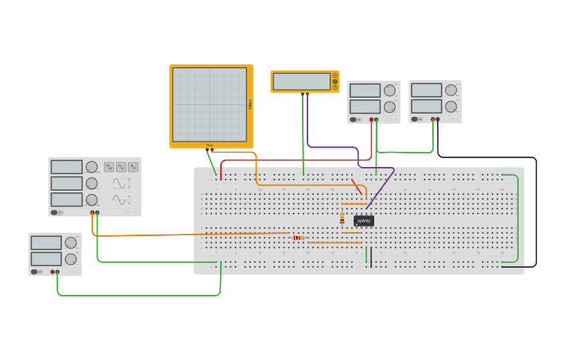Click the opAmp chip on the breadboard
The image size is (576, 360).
pos(364,220)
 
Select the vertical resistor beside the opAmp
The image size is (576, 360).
pos(342,218)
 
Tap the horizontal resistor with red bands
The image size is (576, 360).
pos(298,238)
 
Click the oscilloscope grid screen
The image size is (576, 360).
pos(210,104)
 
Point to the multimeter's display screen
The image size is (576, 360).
pos(301,81)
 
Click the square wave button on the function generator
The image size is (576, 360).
pos(109,167)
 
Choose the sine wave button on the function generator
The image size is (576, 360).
pos(121,167)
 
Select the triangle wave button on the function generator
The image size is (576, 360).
pos(133,167)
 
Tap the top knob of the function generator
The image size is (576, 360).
pos(91,167)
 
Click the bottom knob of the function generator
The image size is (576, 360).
pos(91,199)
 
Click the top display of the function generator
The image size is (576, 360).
pos(67,167)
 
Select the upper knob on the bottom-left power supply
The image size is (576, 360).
pos(71,243)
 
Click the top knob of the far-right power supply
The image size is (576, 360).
pos(451,90)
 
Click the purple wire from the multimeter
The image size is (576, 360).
pos(334,147)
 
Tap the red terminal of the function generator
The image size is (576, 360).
pos(93,213)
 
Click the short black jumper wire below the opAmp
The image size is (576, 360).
pos(370,256)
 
